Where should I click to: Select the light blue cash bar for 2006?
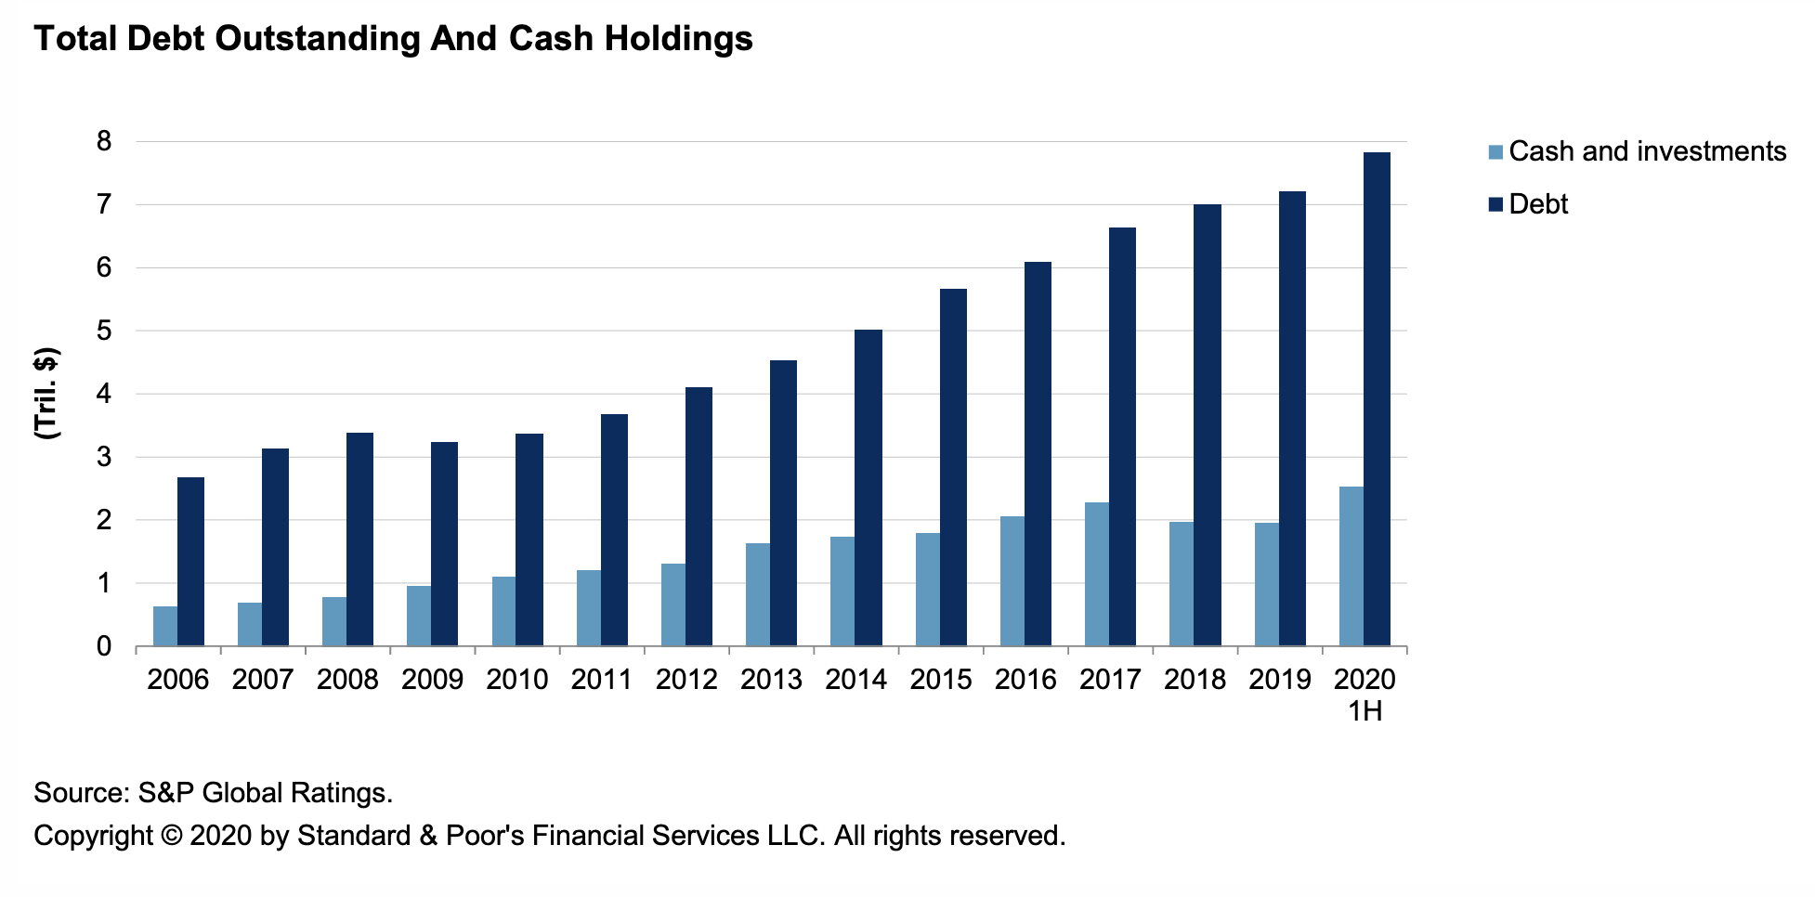tap(165, 626)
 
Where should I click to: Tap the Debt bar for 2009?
tap(444, 543)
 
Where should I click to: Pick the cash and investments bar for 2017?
tap(1096, 574)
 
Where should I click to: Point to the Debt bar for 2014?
tap(868, 487)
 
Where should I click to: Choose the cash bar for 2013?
tap(757, 594)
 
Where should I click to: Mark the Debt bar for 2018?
tap(1208, 424)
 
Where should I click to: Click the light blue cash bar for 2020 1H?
tap(1351, 565)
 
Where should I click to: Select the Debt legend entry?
tap(1537, 204)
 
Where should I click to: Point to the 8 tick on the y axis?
tap(104, 141)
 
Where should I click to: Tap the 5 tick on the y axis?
tap(104, 331)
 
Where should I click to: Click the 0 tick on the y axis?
tap(104, 646)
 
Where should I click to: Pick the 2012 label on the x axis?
tap(686, 680)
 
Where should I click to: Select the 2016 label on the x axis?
tap(1025, 680)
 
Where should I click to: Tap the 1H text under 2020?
tap(1365, 711)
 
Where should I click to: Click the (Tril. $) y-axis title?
tap(46, 393)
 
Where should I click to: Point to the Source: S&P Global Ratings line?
tap(213, 793)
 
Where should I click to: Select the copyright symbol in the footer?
tap(171, 836)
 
